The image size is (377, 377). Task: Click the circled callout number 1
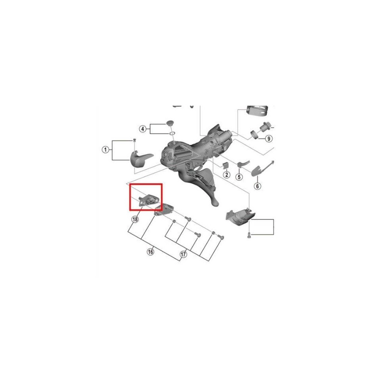[105, 150]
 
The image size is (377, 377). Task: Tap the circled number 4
[143, 129]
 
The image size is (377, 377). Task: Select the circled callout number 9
[269, 139]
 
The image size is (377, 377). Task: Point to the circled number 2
[226, 175]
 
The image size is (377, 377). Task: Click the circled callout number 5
[239, 177]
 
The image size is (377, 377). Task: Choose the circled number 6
[258, 186]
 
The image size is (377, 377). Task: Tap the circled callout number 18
[135, 219]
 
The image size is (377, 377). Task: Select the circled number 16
[151, 252]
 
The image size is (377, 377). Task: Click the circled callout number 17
[183, 254]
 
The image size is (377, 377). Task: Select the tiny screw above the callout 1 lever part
[134, 140]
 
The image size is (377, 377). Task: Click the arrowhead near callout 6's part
[272, 162]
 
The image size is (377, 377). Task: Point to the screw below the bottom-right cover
[249, 235]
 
